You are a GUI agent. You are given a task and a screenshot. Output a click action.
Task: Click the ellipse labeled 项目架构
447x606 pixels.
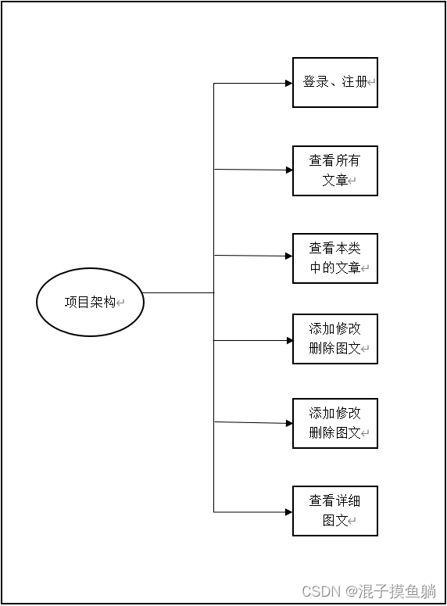tap(90, 302)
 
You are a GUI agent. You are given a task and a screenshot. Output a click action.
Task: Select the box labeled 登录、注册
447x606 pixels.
tap(334, 82)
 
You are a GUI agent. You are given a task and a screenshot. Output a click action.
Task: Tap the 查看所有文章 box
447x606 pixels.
tap(334, 170)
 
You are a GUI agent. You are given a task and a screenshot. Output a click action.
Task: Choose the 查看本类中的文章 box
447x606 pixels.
tap(334, 258)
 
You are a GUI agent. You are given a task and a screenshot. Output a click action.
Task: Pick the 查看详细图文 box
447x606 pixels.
tap(334, 511)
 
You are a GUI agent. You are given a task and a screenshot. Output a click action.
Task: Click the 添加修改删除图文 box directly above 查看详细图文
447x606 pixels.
tap(334, 423)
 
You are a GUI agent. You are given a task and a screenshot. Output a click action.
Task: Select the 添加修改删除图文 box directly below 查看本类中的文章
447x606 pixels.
tap(334, 339)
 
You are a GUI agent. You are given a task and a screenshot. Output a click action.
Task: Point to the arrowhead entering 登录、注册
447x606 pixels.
tap(288, 83)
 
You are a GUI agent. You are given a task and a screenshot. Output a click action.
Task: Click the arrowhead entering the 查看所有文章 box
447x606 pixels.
tap(288, 170)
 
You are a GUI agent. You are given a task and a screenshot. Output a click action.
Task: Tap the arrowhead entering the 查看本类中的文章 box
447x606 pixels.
tap(288, 256)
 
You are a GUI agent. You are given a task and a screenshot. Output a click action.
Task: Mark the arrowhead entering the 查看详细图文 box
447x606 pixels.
tap(288, 512)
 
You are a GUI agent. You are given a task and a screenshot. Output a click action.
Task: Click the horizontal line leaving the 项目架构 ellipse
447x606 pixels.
tap(178, 292)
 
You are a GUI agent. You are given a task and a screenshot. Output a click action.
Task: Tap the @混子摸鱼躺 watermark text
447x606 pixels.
tap(392, 590)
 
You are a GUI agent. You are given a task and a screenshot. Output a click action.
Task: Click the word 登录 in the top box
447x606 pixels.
tap(316, 81)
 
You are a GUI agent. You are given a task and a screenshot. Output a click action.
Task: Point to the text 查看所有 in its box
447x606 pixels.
tap(334, 161)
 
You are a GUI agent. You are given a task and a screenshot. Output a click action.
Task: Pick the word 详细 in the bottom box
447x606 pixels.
tap(348, 501)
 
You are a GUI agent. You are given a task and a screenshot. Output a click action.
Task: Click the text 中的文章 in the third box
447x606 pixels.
tap(335, 267)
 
